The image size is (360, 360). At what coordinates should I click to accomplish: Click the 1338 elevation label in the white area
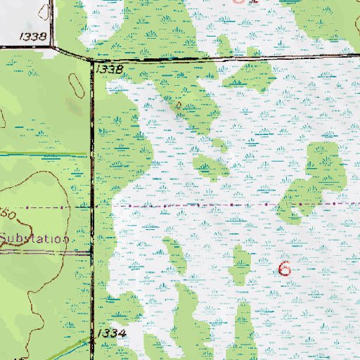coord(34,36)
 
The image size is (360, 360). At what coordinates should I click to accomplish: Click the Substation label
coord(34,238)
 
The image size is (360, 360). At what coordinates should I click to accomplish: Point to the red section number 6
coord(284,268)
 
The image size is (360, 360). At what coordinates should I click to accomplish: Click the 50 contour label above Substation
coord(8,212)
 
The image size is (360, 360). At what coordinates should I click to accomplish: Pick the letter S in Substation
coord(4,238)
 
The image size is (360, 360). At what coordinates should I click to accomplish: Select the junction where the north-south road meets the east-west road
coord(94,61)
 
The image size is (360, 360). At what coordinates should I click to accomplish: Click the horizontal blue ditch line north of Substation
coord(42,154)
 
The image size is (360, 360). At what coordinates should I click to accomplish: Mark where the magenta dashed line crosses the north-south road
coord(94,207)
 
